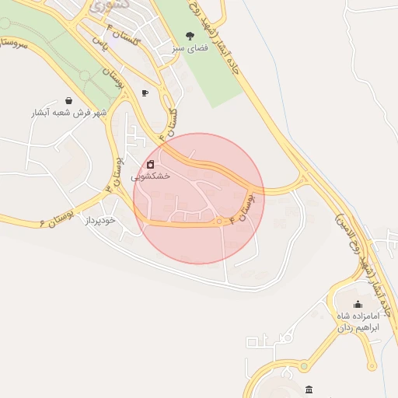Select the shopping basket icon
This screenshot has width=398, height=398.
[x=69, y=100]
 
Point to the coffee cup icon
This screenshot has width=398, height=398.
[x=145, y=93]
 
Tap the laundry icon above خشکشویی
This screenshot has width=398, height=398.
[x=150, y=164]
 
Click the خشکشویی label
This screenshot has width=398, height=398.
[x=150, y=176]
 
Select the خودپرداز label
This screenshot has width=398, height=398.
[x=100, y=221]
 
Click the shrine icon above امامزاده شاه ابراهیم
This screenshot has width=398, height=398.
[x=358, y=304]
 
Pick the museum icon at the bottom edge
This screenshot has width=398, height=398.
[x=309, y=389]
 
